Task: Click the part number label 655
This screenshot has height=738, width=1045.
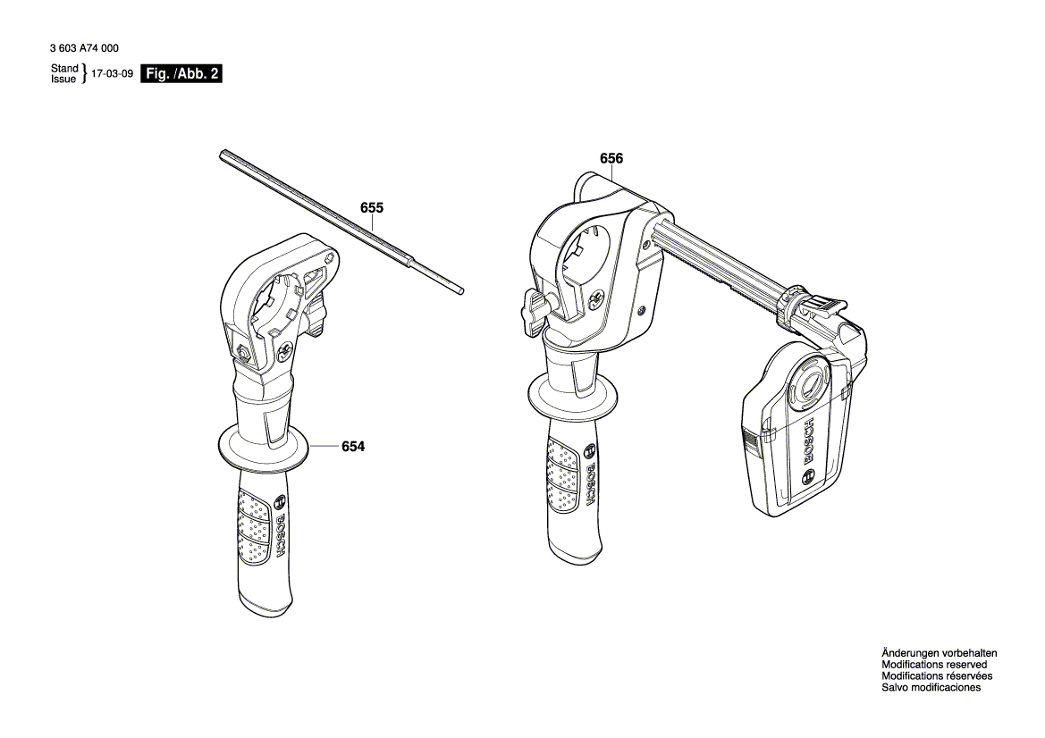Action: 372,208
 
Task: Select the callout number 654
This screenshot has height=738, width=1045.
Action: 353,447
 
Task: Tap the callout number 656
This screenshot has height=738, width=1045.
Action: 611,159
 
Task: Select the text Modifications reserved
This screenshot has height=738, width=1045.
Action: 934,665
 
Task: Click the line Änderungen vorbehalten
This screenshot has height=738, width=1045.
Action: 939,653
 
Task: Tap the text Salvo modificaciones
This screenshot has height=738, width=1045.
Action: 931,688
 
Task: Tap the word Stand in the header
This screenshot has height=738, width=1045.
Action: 64,69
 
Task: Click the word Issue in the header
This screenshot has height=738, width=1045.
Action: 64,80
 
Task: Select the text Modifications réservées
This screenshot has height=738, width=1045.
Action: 936,676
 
